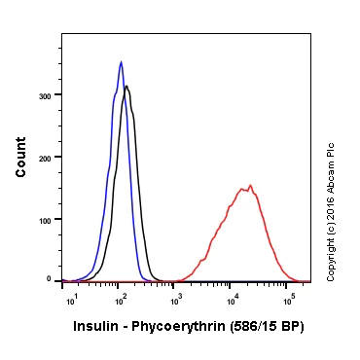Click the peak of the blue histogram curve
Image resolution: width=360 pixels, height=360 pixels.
point(121,62)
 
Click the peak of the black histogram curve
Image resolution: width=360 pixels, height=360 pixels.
point(126,87)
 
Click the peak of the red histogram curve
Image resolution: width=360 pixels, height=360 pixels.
point(250,185)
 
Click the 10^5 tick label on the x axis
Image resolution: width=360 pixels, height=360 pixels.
point(288,300)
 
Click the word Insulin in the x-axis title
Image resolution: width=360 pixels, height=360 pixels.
point(95,327)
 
